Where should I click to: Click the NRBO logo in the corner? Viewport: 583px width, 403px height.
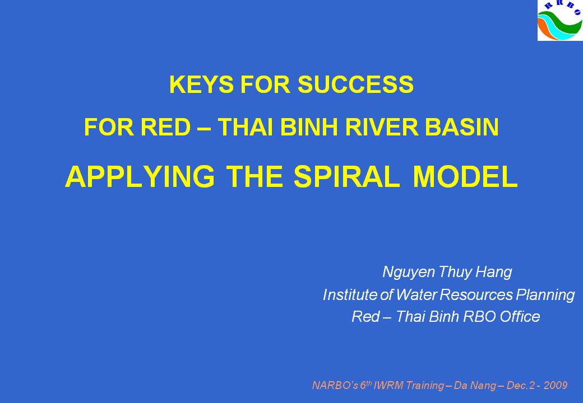(x=560, y=20)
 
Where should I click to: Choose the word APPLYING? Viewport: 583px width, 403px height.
(x=140, y=177)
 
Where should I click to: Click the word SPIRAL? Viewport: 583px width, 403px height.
(x=346, y=176)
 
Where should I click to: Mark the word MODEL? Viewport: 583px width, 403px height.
(x=465, y=176)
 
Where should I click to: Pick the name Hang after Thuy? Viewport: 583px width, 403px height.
(x=494, y=272)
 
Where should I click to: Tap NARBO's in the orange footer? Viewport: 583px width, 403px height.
(x=335, y=386)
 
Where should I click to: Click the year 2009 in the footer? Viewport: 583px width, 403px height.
(x=556, y=386)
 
